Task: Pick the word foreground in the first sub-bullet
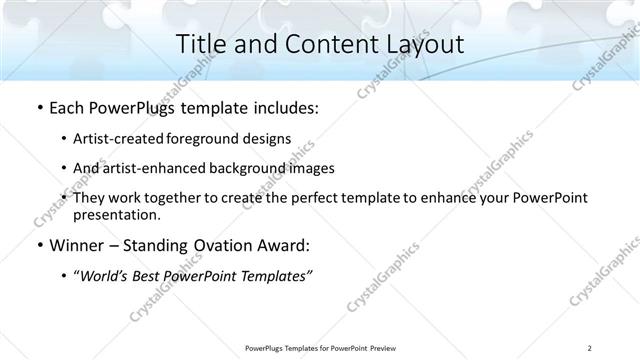[208, 138]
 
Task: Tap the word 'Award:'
[284, 245]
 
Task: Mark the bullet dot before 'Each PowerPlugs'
[39, 108]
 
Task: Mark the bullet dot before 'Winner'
[39, 245]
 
